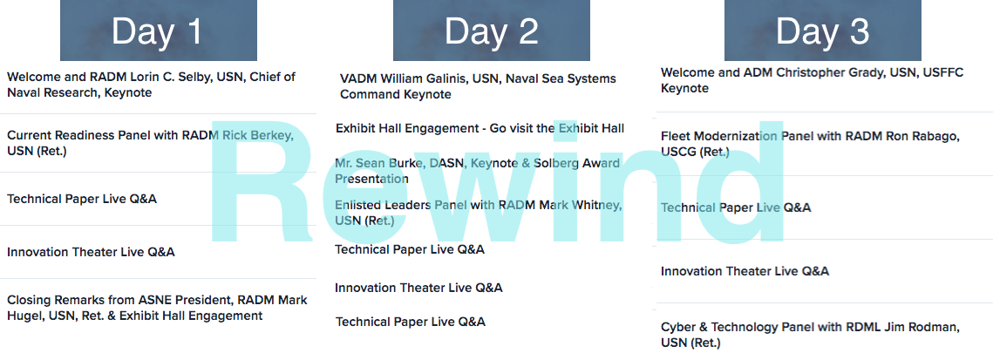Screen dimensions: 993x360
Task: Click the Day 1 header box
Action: coord(159,31)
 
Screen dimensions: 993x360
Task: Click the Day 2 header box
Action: coord(492,31)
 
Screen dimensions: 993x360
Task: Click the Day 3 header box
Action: coord(823,31)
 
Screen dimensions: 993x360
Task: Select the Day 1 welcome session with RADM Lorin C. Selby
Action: coord(152,85)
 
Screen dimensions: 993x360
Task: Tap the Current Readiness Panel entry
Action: coord(150,143)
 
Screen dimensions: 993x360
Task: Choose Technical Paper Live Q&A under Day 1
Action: coord(82,199)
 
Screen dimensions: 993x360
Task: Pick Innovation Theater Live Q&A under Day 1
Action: coord(91,252)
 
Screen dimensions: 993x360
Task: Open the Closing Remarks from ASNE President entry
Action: coord(157,308)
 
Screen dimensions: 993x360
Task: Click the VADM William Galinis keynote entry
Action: coord(478,86)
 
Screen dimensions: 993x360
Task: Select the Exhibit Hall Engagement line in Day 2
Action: coord(480,128)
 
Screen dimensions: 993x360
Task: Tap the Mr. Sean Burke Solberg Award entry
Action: coord(478,171)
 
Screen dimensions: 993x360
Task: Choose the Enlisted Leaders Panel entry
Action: coord(479,213)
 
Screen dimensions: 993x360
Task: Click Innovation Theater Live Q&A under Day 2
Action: coord(418,288)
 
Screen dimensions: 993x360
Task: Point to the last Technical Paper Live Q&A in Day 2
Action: coord(411,322)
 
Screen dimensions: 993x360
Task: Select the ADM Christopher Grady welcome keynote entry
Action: coord(812,80)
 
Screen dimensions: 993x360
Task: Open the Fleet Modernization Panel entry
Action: coord(810,144)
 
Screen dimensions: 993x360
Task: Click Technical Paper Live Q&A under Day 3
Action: coord(736,207)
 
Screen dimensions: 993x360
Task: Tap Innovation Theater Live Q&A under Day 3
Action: coord(745,271)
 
